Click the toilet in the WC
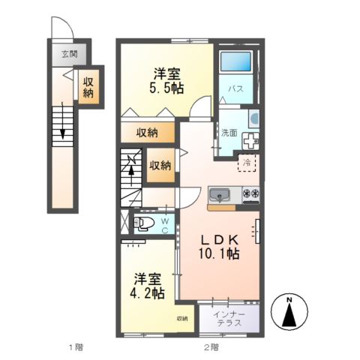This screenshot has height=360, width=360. coord(147,223)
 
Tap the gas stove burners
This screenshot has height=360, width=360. coord(250,195)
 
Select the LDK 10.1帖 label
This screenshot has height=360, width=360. coord(218,246)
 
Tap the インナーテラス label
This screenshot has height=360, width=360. coord(226,319)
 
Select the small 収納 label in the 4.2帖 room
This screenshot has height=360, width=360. coord(182,319)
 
